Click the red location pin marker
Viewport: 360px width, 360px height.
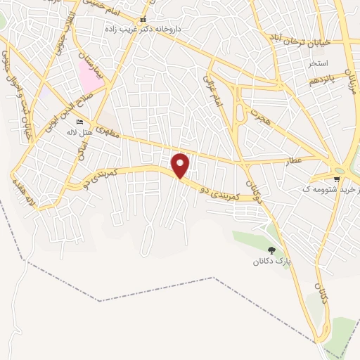click(181, 165)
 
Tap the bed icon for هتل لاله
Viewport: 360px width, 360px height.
click(79, 122)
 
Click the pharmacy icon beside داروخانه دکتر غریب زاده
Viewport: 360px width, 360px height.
click(143, 20)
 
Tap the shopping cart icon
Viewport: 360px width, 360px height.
click(337, 179)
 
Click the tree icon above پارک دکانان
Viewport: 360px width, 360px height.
click(271, 250)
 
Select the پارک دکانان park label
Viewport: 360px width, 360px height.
click(271, 262)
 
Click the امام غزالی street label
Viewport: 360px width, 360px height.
click(214, 91)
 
